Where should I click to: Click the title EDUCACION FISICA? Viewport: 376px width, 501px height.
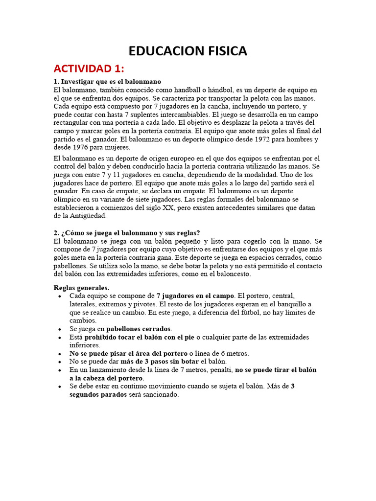(x=188, y=51)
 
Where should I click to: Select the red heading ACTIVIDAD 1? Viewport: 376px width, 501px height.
(x=89, y=68)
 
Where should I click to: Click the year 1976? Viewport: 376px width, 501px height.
(x=82, y=147)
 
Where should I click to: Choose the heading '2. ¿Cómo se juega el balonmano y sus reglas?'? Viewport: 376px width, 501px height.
(x=127, y=233)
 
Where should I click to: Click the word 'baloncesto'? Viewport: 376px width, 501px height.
(x=232, y=274)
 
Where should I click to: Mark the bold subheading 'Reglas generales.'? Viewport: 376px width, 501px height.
(x=81, y=288)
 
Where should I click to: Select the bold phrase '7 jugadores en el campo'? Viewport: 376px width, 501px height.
(x=195, y=296)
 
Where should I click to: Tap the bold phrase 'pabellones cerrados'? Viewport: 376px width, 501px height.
(x=139, y=329)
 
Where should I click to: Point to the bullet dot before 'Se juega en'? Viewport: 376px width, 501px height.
(x=60, y=329)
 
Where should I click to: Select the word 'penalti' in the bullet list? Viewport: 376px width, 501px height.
(x=220, y=370)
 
